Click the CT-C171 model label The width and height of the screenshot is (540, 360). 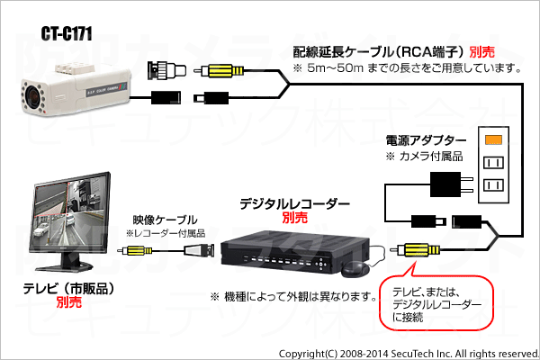(x=67, y=34)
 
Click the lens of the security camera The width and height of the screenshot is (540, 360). (x=33, y=95)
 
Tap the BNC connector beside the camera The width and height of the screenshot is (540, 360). (x=166, y=70)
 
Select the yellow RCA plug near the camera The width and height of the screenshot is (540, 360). (x=219, y=71)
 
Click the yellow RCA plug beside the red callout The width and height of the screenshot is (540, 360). (x=415, y=250)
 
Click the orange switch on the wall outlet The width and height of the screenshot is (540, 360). (x=493, y=139)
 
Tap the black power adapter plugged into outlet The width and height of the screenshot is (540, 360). (x=451, y=184)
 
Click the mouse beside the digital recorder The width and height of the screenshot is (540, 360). (x=355, y=269)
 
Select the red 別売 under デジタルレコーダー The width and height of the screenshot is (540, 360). (x=295, y=218)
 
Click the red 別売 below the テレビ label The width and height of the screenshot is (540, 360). (x=69, y=302)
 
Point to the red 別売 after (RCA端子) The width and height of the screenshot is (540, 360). (x=481, y=52)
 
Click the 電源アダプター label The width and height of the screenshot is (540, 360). (x=426, y=140)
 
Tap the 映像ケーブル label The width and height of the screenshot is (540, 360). (x=165, y=220)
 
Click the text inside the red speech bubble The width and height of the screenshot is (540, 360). (x=436, y=304)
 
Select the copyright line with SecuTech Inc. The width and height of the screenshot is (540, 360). (x=409, y=354)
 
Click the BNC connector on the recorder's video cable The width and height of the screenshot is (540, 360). (x=199, y=250)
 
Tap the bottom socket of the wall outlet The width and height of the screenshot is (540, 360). (x=493, y=185)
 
